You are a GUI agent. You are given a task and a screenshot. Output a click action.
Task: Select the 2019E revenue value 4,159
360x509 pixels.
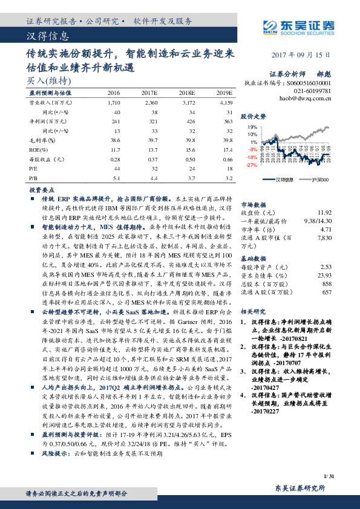click(x=224, y=103)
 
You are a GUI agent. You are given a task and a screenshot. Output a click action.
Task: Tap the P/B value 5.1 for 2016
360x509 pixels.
click(x=116, y=179)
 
